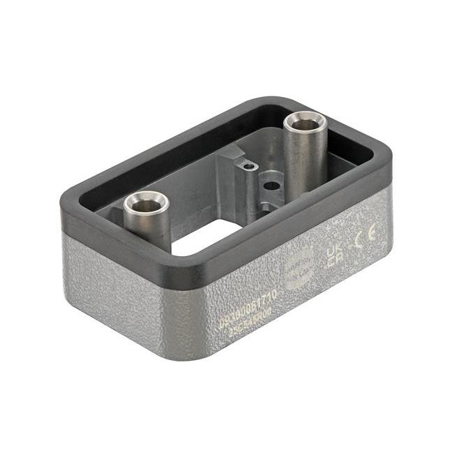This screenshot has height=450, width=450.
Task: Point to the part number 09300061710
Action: point(248,303)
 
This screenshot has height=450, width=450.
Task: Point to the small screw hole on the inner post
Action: point(246,167)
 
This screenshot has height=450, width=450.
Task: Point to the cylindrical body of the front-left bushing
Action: point(147,227)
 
